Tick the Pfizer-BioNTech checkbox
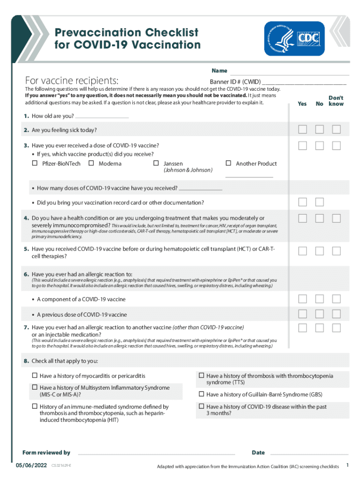[35, 163]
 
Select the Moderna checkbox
[91, 163]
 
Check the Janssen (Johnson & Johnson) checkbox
[156, 163]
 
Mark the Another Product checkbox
[229, 163]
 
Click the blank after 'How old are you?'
[101, 116]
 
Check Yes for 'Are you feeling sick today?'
[303, 130]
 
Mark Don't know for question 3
[336, 145]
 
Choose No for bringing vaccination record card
[319, 202]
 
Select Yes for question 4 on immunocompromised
[303, 218]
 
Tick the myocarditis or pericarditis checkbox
[35, 376]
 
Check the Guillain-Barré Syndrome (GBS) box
[202, 394]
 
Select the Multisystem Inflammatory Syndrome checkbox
[35, 388]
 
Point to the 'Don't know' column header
[336, 101]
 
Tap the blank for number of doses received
[201, 189]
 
